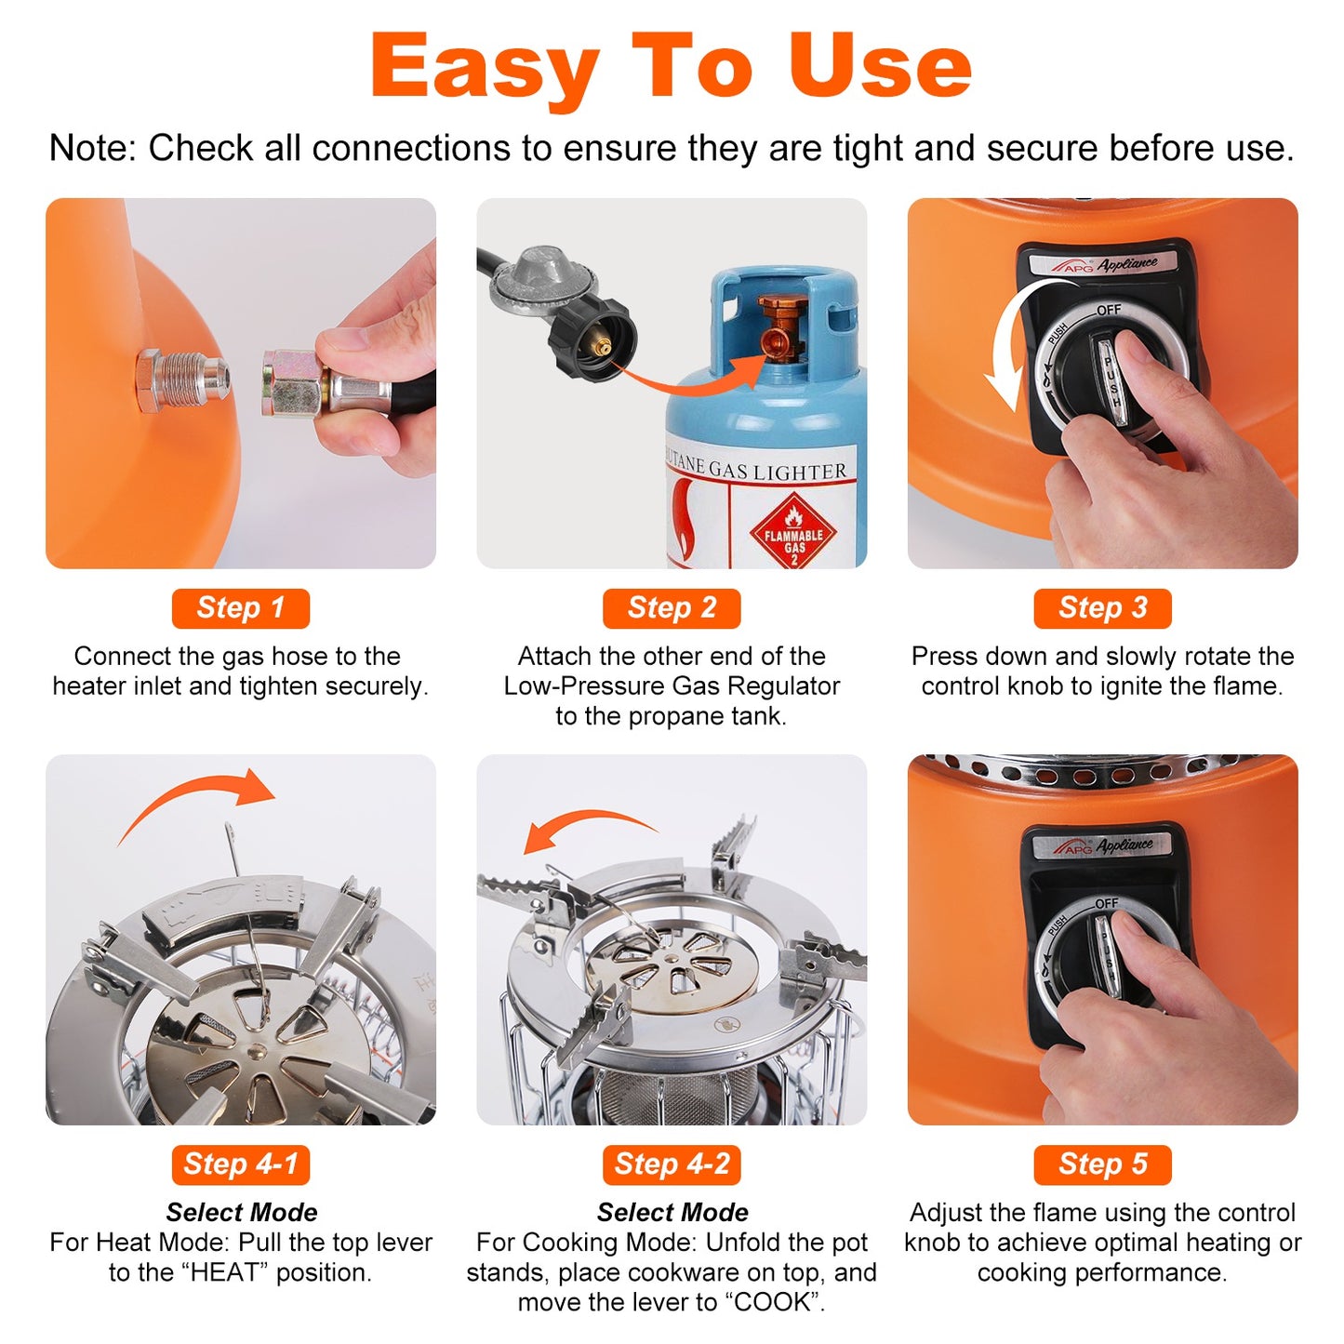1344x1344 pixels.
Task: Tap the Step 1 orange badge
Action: pyautogui.click(x=240, y=608)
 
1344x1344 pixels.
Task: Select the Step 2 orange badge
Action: pyautogui.click(x=671, y=608)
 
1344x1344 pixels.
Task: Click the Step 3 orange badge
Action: pyautogui.click(x=1102, y=608)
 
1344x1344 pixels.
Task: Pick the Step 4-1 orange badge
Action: pyautogui.click(x=240, y=1164)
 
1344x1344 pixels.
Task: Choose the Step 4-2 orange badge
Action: pyautogui.click(x=671, y=1164)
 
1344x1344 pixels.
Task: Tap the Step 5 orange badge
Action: pyautogui.click(x=1102, y=1164)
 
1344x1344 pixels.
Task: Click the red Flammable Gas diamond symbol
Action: pyautogui.click(x=793, y=533)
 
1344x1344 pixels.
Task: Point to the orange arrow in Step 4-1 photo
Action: pyautogui.click(x=200, y=800)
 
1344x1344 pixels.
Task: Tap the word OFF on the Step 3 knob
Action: pyautogui.click(x=1108, y=310)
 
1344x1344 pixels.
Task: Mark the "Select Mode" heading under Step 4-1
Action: pyautogui.click(x=241, y=1212)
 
